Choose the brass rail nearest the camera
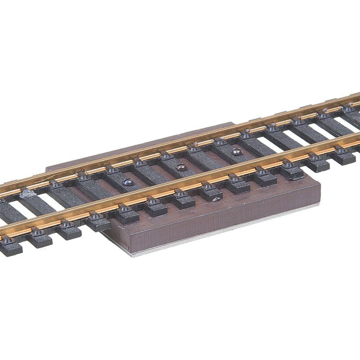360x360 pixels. coord(180,187)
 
